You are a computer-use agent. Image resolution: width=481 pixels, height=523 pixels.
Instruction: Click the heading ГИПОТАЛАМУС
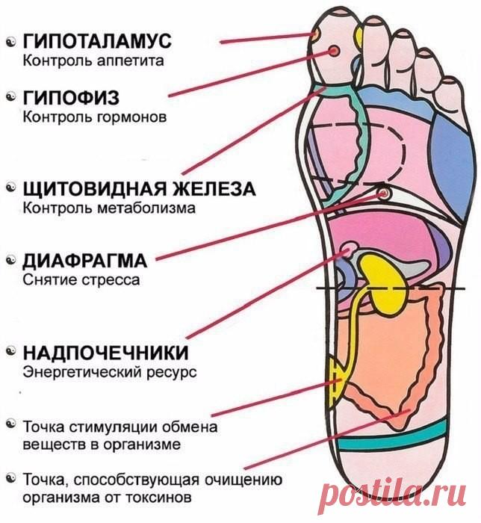(97, 41)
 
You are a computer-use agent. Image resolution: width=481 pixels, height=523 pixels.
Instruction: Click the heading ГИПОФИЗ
(71, 98)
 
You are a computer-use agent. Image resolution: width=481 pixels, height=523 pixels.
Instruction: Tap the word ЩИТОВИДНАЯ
(94, 189)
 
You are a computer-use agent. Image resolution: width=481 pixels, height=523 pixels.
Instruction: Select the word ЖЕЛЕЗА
(214, 189)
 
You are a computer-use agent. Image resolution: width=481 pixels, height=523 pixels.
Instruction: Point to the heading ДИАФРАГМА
(84, 261)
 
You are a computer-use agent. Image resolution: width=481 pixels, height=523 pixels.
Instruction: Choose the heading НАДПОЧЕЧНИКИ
(105, 352)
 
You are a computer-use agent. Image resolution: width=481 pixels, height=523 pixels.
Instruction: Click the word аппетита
(131, 61)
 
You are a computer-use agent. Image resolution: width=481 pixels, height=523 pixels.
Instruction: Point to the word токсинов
(158, 498)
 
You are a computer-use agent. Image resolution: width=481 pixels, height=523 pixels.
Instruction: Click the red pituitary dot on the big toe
(335, 51)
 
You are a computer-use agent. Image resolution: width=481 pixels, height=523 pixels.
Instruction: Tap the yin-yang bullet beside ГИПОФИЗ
(11, 96)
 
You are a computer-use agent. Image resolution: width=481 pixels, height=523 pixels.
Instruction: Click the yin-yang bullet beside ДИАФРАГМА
(11, 260)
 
